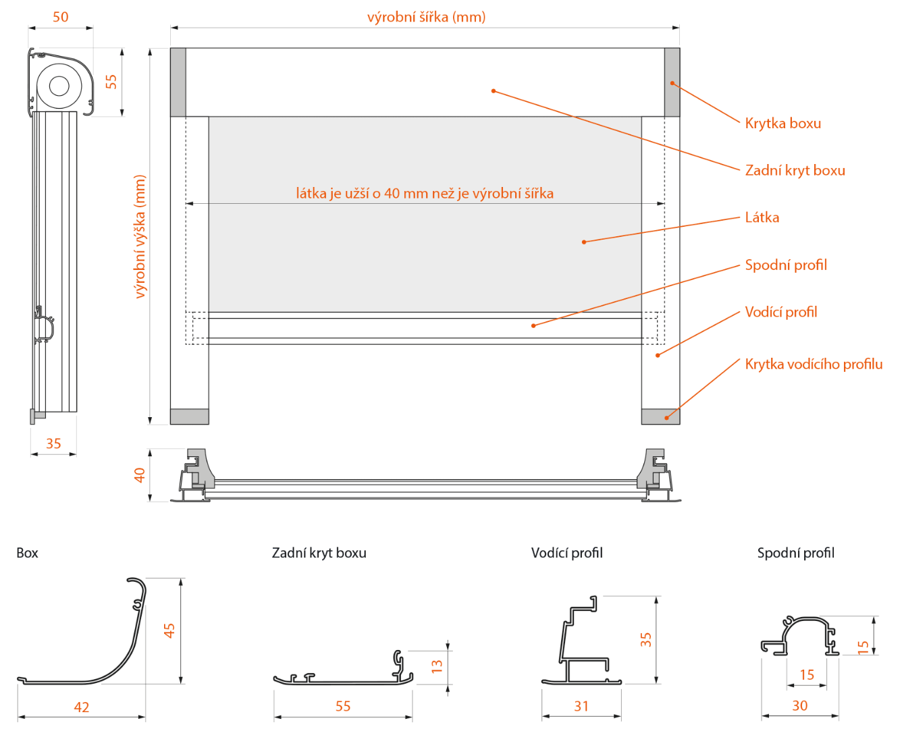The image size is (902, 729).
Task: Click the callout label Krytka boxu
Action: [782, 124]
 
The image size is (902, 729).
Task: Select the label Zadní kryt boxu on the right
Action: [795, 171]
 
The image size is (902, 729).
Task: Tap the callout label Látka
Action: [762, 217]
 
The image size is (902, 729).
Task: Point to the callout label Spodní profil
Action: [785, 265]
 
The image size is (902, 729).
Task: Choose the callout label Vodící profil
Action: [780, 312]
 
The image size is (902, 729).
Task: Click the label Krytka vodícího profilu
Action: [813, 364]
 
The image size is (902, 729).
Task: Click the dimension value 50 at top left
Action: [60, 17]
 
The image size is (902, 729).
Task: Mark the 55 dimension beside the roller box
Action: [111, 82]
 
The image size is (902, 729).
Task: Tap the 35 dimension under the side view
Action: [53, 443]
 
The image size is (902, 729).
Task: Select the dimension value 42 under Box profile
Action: [81, 707]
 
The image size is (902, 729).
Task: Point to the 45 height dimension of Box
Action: [169, 630]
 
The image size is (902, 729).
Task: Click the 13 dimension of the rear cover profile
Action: [437, 666]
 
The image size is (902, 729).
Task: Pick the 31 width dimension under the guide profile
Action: [581, 706]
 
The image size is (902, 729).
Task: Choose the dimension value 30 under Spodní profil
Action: [799, 705]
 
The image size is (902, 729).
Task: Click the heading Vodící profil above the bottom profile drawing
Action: [566, 553]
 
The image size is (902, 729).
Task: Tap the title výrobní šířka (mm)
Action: [426, 17]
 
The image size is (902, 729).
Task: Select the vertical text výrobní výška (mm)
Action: [140, 236]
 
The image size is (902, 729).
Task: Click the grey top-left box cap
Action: [178, 82]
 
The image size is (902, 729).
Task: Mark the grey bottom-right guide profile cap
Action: [660, 416]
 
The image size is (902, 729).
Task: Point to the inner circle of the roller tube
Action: [59, 86]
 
